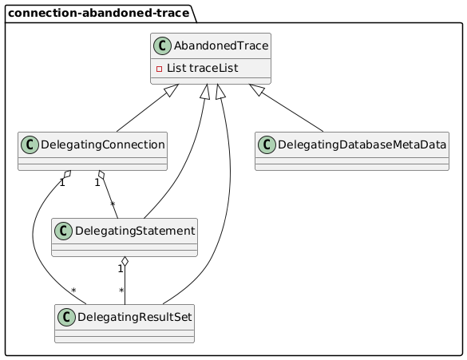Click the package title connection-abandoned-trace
[98, 13]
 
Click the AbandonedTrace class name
[221, 45]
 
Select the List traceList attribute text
[202, 68]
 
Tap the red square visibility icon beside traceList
[159, 69]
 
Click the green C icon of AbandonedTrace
[162, 45]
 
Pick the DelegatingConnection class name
[103, 145]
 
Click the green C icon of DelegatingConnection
[30, 145]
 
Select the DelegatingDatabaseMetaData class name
[362, 144]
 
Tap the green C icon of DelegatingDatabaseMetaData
[267, 145]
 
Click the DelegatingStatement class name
[135, 231]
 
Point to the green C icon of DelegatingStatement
[63, 231]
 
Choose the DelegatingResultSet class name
[135, 317]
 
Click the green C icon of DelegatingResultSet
[67, 317]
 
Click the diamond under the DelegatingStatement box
[125, 262]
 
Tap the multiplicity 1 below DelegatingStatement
[121, 269]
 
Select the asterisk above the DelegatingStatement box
[113, 204]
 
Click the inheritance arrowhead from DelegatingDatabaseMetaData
[256, 89]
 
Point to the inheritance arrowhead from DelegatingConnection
[172, 90]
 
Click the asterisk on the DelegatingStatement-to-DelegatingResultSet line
[121, 290]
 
